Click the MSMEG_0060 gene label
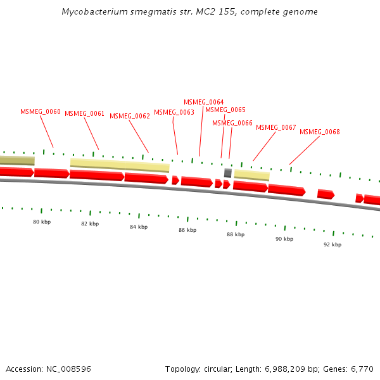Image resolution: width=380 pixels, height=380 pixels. pyautogui.click(x=41, y=112)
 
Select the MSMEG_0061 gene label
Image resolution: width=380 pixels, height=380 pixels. pyautogui.click(x=84, y=114)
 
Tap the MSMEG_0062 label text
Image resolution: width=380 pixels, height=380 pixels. pyautogui.click(x=130, y=117)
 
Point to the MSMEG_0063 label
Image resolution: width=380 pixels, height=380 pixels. pyautogui.click(x=174, y=113)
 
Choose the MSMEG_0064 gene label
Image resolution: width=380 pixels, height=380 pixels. pyautogui.click(x=203, y=103)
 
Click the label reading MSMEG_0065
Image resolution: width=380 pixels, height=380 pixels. pyautogui.click(x=225, y=110)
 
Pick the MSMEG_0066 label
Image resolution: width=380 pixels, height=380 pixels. pyautogui.click(x=232, y=123)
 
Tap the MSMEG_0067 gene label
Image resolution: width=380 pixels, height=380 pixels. pyautogui.click(x=276, y=128)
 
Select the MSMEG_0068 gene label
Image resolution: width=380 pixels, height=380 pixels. pyautogui.click(x=320, y=132)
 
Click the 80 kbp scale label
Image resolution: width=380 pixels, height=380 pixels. pyautogui.click(x=42, y=222)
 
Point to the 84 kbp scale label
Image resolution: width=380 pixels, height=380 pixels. pyautogui.click(x=139, y=227)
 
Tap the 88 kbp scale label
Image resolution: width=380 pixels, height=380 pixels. pyautogui.click(x=236, y=234)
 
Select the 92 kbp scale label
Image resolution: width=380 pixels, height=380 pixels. pyautogui.click(x=332, y=244)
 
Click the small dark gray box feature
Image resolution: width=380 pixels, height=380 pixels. pyautogui.click(x=228, y=173)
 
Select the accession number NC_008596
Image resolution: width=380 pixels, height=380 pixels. pyautogui.click(x=68, y=369)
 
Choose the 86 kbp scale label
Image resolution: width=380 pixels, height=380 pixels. pyautogui.click(x=187, y=230)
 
